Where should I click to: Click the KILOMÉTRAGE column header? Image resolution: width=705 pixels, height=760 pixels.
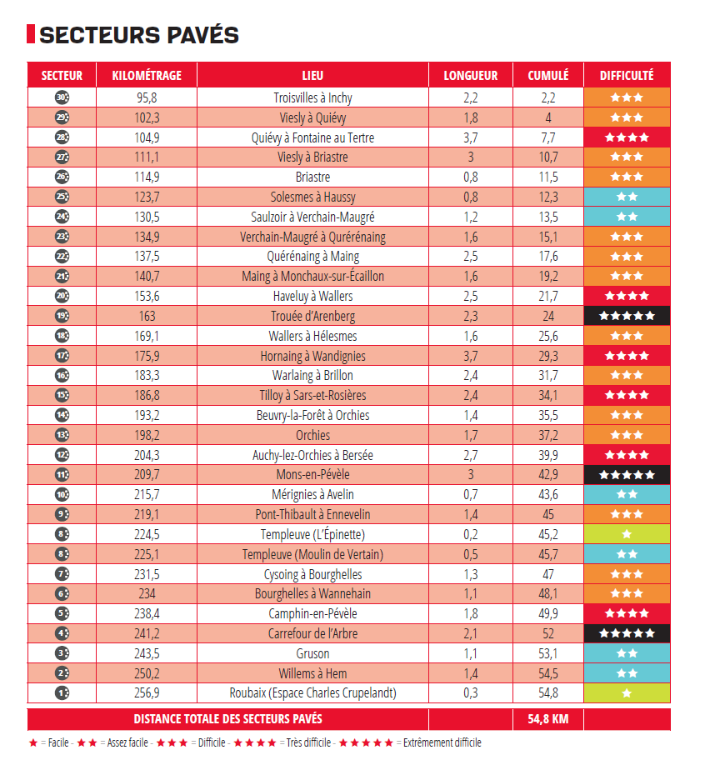point(146,75)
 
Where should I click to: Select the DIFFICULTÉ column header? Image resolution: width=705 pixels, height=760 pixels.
point(627,75)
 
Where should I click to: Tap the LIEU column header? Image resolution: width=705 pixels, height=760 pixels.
point(313,75)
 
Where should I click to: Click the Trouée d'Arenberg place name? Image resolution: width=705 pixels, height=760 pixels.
point(312,316)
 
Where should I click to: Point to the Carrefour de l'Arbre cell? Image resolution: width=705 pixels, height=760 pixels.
point(312,633)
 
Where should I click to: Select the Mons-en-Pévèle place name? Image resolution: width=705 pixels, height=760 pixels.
point(312,474)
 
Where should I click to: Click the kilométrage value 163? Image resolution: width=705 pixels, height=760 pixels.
point(147,316)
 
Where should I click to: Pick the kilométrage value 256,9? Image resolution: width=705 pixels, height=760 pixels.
point(147,692)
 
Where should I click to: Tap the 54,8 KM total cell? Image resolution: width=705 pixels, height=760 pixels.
point(548,718)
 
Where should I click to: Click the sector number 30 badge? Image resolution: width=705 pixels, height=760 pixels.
point(62,97)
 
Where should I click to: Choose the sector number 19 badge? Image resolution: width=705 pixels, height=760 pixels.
point(62,316)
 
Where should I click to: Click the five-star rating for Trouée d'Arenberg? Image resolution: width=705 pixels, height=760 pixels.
point(627,316)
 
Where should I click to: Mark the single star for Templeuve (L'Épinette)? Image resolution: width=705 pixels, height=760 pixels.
point(627,534)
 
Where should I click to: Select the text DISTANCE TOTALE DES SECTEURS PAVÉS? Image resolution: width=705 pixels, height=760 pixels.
point(227,718)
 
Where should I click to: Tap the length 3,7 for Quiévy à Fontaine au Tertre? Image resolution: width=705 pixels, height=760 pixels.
point(471,137)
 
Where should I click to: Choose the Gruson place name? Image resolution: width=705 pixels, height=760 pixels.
point(312,653)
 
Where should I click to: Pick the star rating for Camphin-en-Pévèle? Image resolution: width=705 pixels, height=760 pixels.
point(627,613)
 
